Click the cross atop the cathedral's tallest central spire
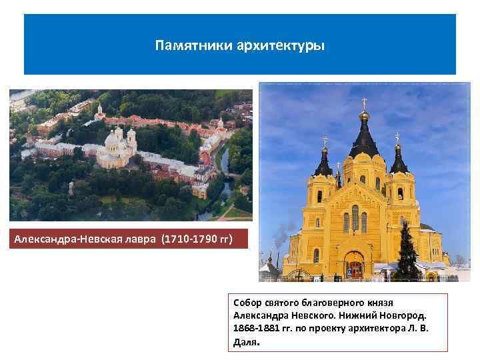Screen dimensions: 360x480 pyautogui.click(x=364, y=103)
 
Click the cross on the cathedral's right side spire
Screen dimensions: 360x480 pyautogui.click(x=397, y=137)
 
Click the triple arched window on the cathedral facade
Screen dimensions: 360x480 pyautogui.click(x=355, y=219)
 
